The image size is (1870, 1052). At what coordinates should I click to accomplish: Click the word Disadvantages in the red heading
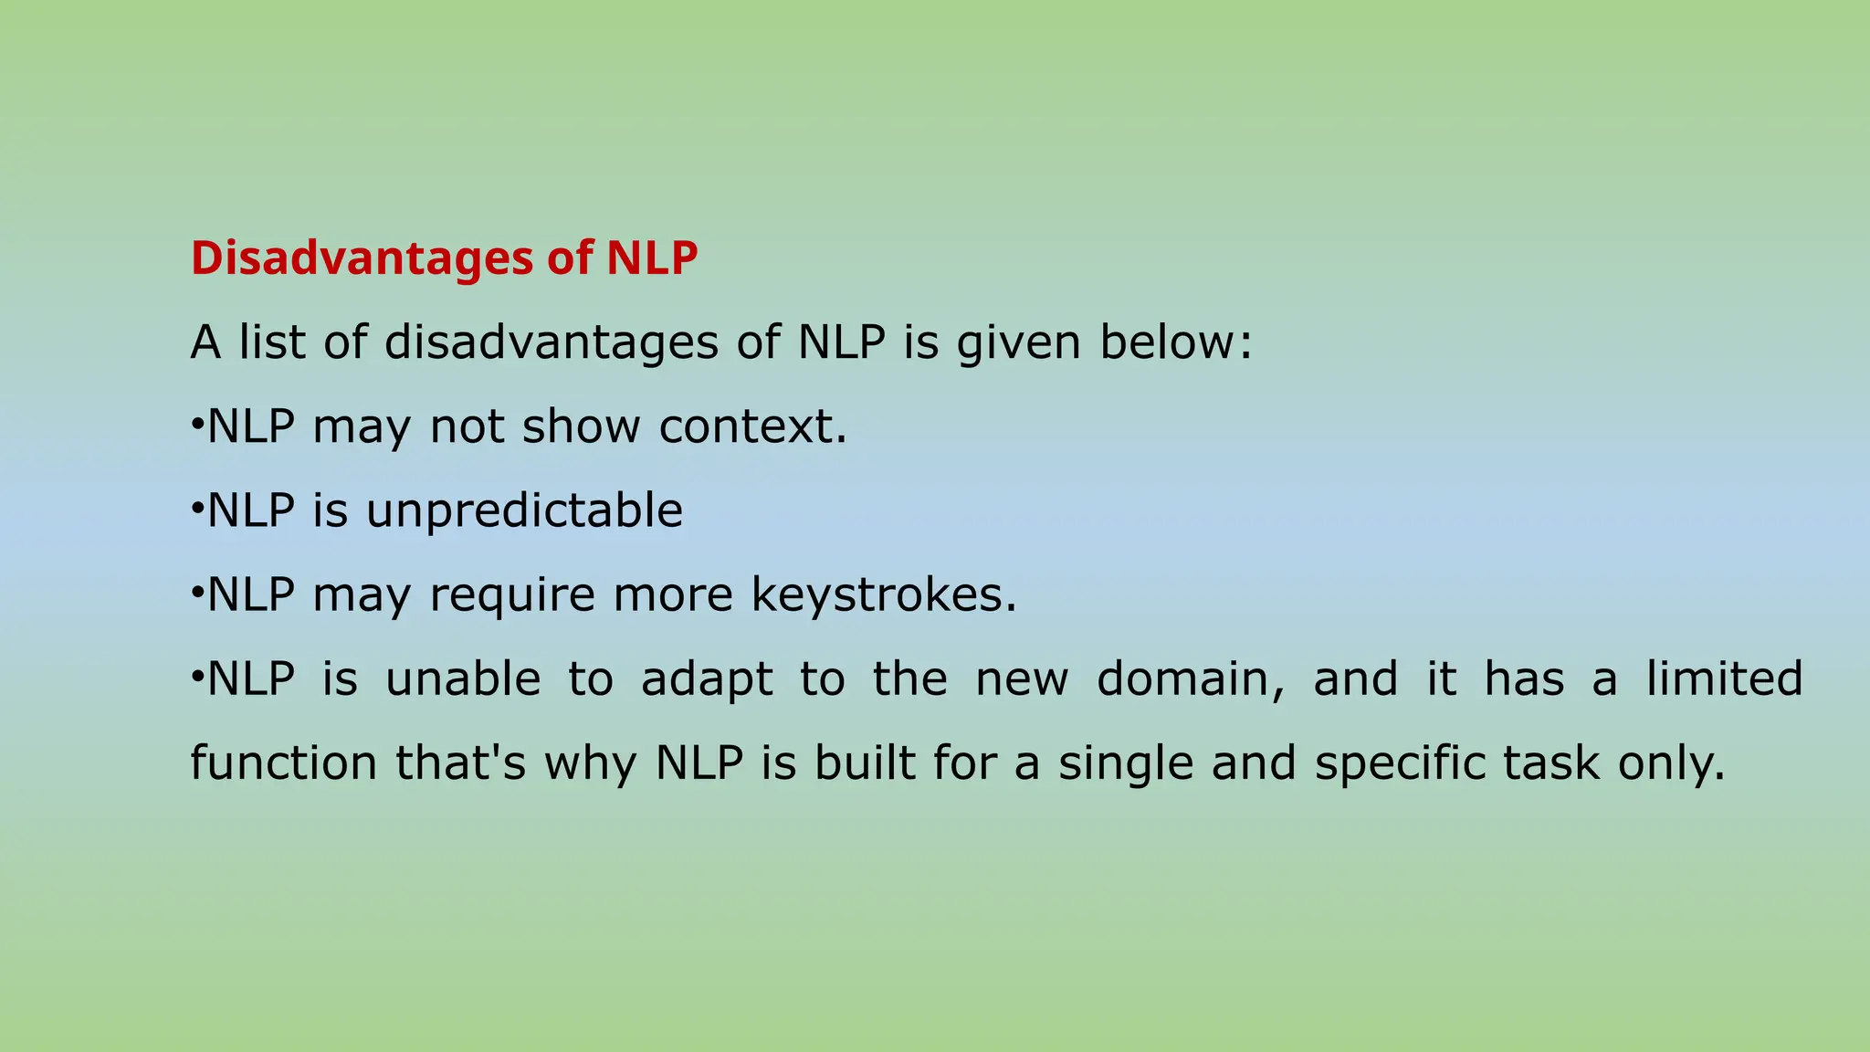362,258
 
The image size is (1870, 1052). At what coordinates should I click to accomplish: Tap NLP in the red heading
652,258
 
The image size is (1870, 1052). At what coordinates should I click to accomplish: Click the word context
752,426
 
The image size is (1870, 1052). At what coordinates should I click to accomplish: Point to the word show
581,426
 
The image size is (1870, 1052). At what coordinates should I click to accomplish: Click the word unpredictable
524,511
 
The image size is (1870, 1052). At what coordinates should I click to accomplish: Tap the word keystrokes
882,595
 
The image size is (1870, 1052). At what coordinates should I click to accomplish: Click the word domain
1190,679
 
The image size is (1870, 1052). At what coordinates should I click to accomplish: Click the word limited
1724,679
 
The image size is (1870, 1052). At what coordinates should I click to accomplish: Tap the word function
283,763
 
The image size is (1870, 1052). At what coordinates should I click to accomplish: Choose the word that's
460,763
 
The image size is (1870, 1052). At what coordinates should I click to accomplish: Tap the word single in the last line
1125,764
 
